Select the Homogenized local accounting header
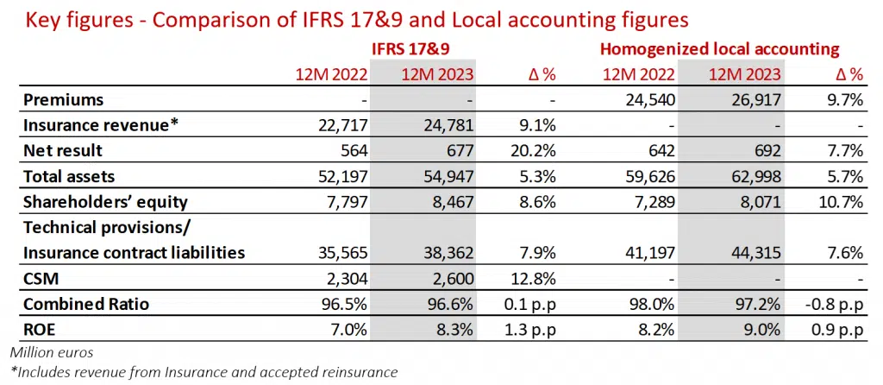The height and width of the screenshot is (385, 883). [x=719, y=50]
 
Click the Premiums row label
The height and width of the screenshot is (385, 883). [x=64, y=100]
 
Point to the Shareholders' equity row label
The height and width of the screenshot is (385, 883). [x=106, y=203]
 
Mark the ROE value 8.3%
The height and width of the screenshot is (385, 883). [x=454, y=330]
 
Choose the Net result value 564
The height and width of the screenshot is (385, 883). [x=354, y=151]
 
